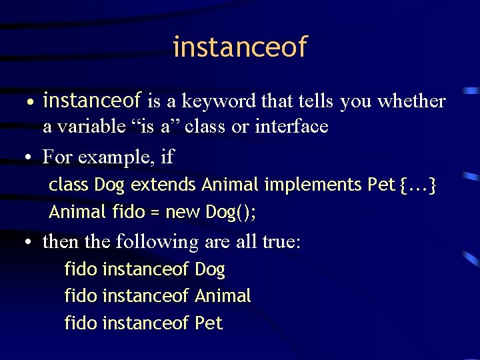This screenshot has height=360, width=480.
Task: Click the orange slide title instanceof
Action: [x=240, y=47]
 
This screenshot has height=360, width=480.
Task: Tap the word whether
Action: [x=411, y=101]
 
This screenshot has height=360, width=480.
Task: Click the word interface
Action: [x=291, y=126]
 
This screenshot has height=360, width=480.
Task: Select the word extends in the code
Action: [x=164, y=185]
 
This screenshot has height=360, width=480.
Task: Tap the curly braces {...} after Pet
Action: [x=418, y=185]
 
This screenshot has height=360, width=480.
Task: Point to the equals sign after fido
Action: [x=154, y=213]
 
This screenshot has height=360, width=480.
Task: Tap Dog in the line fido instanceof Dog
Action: [x=210, y=270]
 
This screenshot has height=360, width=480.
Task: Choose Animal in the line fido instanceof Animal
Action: [x=223, y=296]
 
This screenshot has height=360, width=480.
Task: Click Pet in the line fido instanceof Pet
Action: [x=209, y=323]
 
